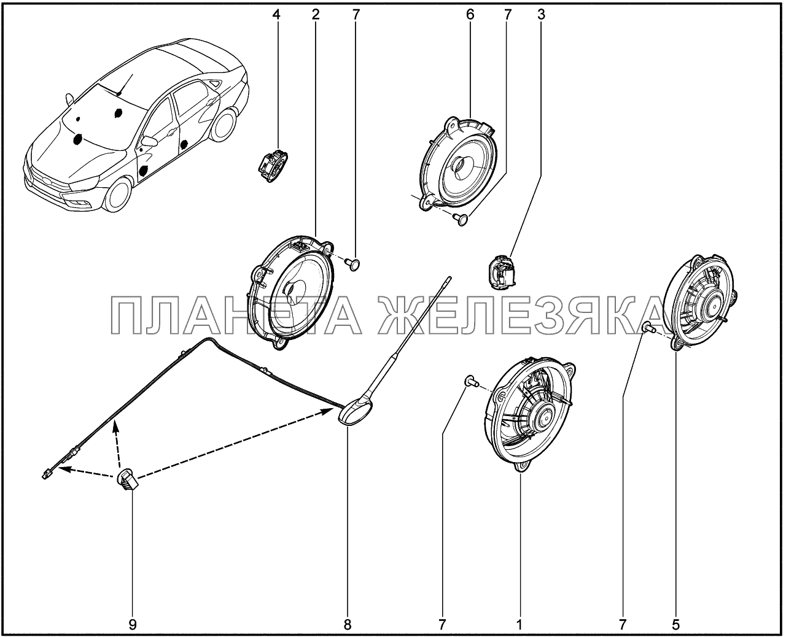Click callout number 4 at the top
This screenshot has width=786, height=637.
point(276,15)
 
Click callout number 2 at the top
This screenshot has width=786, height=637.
point(316,15)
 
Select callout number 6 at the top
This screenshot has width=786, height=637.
point(470,15)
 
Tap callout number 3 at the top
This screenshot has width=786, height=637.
point(542,15)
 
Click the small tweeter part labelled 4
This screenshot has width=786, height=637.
point(272,166)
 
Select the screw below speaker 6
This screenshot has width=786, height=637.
point(461,220)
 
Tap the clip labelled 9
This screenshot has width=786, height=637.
point(128,479)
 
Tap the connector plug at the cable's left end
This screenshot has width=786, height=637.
point(47,475)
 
